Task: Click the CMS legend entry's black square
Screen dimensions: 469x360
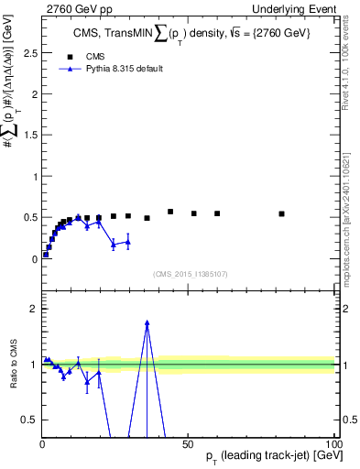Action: [x=70, y=57]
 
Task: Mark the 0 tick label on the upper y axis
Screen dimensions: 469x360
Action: [x=33, y=259]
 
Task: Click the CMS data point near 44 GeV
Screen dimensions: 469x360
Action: [x=170, y=212]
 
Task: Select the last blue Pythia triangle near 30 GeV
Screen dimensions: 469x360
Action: [x=128, y=242]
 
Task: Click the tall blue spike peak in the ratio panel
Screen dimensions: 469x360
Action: [x=147, y=321]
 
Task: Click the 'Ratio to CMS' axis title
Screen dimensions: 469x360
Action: [x=14, y=365]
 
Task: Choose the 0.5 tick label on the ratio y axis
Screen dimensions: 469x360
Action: [x=28, y=420]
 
